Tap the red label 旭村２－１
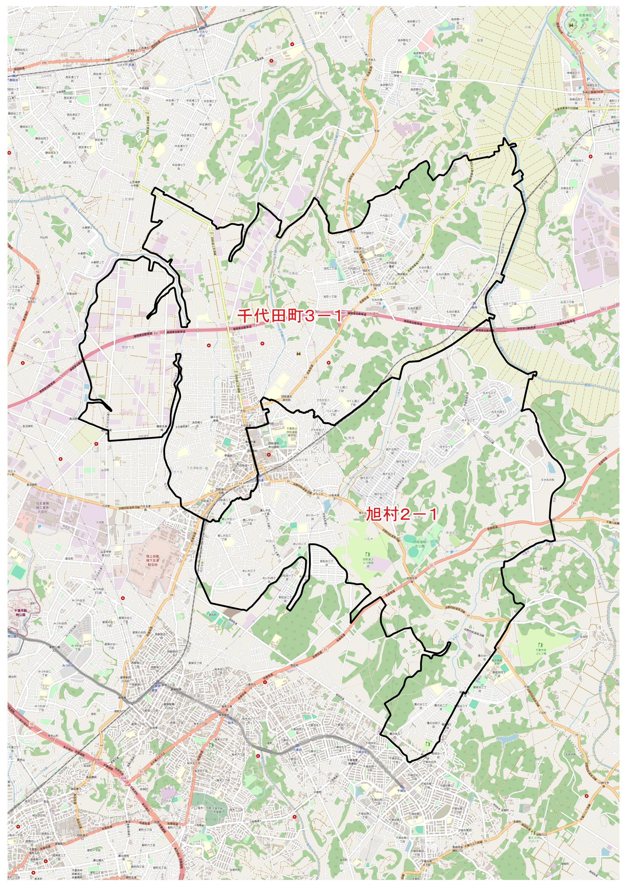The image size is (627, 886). (401, 514)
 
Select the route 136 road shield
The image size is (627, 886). (442, 218)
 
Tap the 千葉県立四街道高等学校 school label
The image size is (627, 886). (292, 431)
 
